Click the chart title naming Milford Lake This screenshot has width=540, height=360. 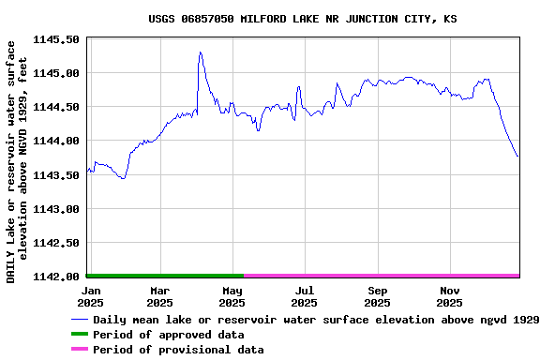(x=303, y=19)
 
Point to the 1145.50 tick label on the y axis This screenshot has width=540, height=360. (x=57, y=39)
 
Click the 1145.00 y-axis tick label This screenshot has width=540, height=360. (x=57, y=73)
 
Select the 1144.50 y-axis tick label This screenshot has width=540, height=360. (x=57, y=107)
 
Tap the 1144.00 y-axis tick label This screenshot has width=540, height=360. (x=57, y=141)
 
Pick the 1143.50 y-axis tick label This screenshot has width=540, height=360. (x=57, y=175)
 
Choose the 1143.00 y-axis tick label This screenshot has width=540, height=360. (x=57, y=209)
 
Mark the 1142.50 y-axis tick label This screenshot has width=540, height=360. (x=57, y=243)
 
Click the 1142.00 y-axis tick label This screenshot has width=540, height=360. (x=57, y=277)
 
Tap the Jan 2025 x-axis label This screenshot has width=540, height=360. (x=90, y=297)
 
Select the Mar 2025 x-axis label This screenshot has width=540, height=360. (x=159, y=297)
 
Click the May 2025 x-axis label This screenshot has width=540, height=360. (x=232, y=297)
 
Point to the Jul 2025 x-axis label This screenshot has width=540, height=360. (x=304, y=297)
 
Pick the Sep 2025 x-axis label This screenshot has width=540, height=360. (x=377, y=297)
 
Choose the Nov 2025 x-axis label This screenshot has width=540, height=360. (x=450, y=297)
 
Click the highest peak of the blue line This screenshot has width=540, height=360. (x=200, y=52)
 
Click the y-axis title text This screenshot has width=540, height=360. (x=18, y=161)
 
